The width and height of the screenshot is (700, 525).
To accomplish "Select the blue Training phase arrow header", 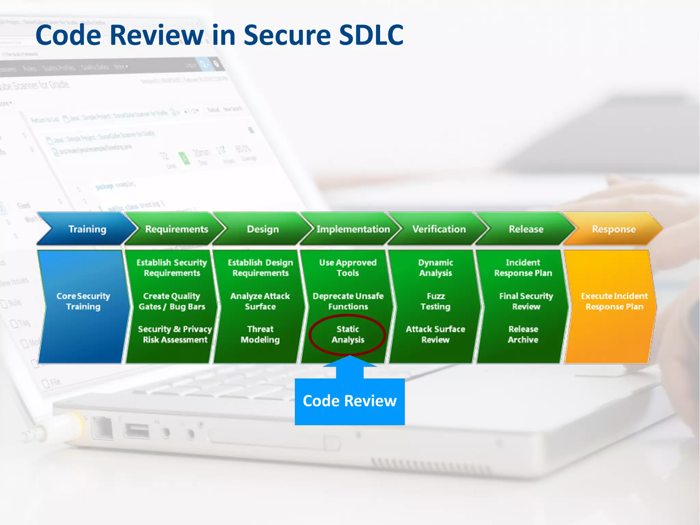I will click(x=87, y=229).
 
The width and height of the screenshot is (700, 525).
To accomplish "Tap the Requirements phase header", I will click(x=176, y=229).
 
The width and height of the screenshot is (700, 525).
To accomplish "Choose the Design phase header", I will click(x=263, y=229).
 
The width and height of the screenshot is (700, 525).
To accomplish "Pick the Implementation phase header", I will click(x=353, y=229).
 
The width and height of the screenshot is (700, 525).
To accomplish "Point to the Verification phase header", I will click(x=439, y=229).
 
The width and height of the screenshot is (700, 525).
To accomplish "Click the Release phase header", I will click(x=526, y=229).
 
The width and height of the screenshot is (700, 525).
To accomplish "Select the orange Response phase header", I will click(x=614, y=229).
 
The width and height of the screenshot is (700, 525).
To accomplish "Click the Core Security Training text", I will click(x=83, y=301).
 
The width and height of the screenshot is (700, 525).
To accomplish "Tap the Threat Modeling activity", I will click(x=260, y=334).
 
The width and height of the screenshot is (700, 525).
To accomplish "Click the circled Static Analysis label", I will click(x=348, y=334).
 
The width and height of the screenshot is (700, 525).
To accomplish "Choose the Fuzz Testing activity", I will click(x=435, y=301).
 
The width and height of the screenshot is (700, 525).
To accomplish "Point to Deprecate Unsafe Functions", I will click(x=348, y=301).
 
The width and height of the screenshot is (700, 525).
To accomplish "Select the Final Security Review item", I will click(x=526, y=301).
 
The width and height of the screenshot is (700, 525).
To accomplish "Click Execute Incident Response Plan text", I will click(x=614, y=301).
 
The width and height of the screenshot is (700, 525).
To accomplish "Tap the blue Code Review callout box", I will click(x=350, y=401).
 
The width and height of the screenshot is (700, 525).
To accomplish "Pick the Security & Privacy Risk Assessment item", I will click(x=175, y=334).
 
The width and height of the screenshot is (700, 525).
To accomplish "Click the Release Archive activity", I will click(x=523, y=334).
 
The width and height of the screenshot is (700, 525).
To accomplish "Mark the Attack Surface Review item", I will click(x=435, y=334).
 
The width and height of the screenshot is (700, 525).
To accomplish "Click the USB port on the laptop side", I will click(x=137, y=431).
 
